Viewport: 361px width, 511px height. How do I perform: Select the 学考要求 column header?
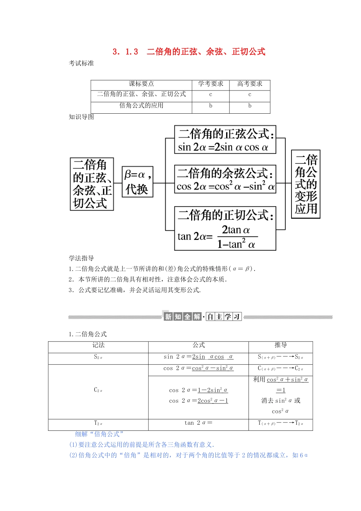(211, 84)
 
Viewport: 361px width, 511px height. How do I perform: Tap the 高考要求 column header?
(250, 84)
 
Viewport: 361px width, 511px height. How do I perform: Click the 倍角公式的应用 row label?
(141, 106)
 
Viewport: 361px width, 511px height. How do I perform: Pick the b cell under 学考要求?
(211, 106)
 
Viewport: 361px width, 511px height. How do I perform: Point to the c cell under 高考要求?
(250, 95)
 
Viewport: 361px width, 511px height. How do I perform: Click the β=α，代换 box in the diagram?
(138, 182)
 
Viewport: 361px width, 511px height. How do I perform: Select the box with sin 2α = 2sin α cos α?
(225, 140)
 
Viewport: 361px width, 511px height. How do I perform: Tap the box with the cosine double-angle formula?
(225, 179)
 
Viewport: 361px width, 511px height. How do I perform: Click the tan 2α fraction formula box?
(225, 228)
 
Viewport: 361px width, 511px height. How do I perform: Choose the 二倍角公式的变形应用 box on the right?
(306, 184)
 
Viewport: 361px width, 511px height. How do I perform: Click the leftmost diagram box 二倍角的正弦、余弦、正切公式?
(92, 184)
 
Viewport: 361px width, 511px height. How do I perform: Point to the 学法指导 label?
(81, 259)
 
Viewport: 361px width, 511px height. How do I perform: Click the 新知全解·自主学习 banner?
(203, 317)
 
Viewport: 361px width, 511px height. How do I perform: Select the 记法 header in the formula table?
(98, 345)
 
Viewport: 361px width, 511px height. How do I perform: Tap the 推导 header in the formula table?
(280, 345)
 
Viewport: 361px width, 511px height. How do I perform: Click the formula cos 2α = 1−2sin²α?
(198, 390)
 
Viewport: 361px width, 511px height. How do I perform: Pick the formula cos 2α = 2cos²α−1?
(198, 401)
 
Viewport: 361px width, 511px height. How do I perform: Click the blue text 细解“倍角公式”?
(99, 434)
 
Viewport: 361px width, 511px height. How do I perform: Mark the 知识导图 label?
(81, 117)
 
